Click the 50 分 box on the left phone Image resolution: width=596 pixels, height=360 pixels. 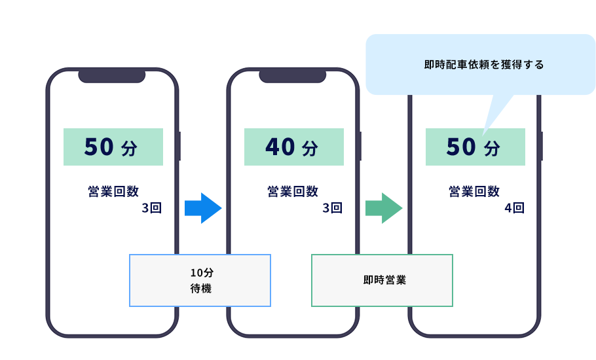(x=113, y=147)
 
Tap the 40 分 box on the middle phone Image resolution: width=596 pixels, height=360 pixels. (x=293, y=147)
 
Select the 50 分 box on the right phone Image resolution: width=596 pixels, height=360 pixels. (x=475, y=147)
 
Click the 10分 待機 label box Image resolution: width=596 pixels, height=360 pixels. (x=200, y=280)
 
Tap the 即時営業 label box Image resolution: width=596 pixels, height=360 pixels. (x=382, y=280)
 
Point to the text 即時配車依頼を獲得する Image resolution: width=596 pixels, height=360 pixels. (x=484, y=65)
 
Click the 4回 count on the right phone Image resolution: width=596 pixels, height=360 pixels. (x=515, y=209)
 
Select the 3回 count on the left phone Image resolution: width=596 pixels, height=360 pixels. (x=151, y=209)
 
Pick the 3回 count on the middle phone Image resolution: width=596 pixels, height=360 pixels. (x=332, y=209)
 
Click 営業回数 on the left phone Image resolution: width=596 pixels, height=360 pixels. (x=113, y=191)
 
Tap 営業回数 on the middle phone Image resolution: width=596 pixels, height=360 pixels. (x=293, y=191)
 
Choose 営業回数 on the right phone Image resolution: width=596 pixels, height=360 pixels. (x=474, y=191)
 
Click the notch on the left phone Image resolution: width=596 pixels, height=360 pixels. (x=112, y=76)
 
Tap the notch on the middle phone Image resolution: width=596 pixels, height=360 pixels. (x=293, y=76)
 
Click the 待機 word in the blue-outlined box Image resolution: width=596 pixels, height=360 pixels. (x=200, y=288)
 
